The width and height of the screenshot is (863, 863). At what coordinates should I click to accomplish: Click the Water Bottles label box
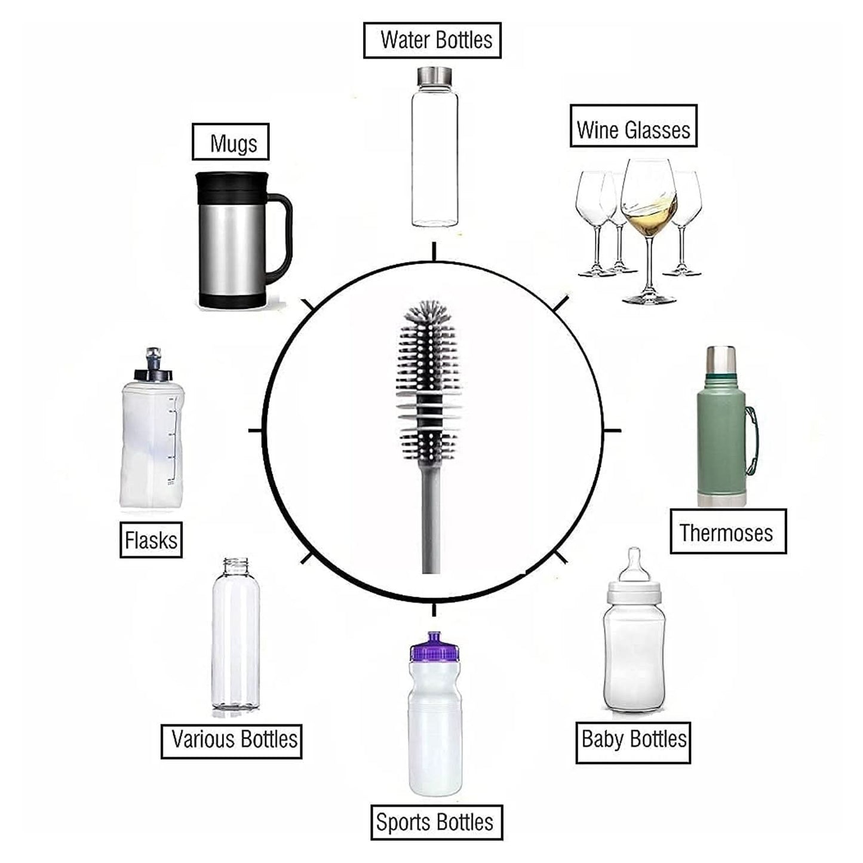[x=432, y=40]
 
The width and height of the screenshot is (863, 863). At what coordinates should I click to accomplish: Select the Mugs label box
[x=231, y=142]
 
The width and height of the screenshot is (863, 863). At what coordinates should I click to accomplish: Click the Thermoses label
[x=727, y=532]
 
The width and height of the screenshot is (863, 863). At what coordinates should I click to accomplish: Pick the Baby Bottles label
[x=633, y=742]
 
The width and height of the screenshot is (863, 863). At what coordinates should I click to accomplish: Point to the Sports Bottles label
[x=436, y=822]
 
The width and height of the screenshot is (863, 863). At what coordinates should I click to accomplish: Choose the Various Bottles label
[x=232, y=741]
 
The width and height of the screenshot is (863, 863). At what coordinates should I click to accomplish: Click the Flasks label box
[x=151, y=539]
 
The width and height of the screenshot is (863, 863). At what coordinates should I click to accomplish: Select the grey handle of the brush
[x=431, y=520]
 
